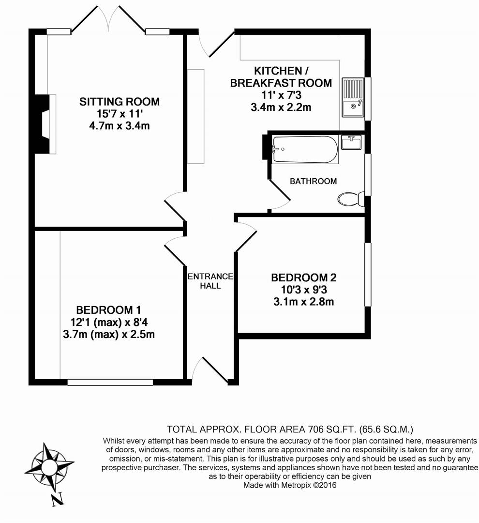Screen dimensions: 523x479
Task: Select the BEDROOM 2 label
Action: point(303,278)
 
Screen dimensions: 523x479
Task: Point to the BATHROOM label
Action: point(313,181)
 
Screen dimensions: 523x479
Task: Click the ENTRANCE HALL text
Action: point(210,281)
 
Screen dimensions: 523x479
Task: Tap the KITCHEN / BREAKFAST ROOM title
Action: point(281,77)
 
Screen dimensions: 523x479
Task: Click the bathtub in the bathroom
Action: point(305,149)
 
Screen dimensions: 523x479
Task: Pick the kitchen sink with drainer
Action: point(353,97)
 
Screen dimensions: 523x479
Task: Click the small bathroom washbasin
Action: point(351,142)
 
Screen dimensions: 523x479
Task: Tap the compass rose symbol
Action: point(49,467)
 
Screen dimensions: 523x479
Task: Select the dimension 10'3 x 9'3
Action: point(303,290)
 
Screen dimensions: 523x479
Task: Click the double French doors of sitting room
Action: point(108,22)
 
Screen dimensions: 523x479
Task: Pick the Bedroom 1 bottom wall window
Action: point(110,382)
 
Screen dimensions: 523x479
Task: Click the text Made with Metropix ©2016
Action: point(289,485)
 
